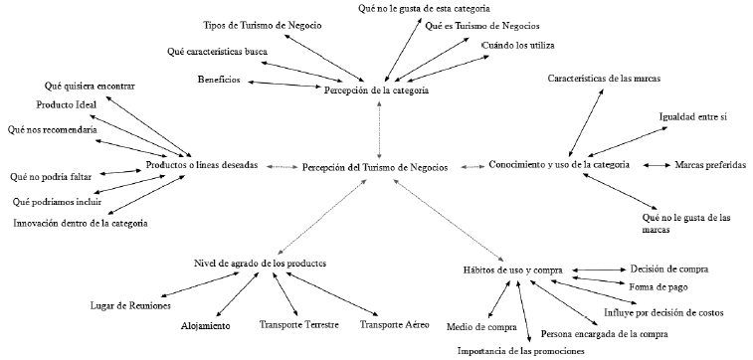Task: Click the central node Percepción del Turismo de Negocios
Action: tap(376, 166)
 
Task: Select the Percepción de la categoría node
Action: tap(376, 90)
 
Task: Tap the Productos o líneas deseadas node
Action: tap(202, 166)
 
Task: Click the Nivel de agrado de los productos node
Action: tap(260, 263)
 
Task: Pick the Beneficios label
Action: tap(217, 79)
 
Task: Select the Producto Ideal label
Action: tap(67, 104)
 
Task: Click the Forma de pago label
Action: tap(657, 287)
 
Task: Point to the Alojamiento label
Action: tap(206, 325)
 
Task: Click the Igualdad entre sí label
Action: tap(693, 118)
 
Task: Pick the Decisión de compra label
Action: tap(667, 269)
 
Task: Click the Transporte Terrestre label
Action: tap(299, 324)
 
